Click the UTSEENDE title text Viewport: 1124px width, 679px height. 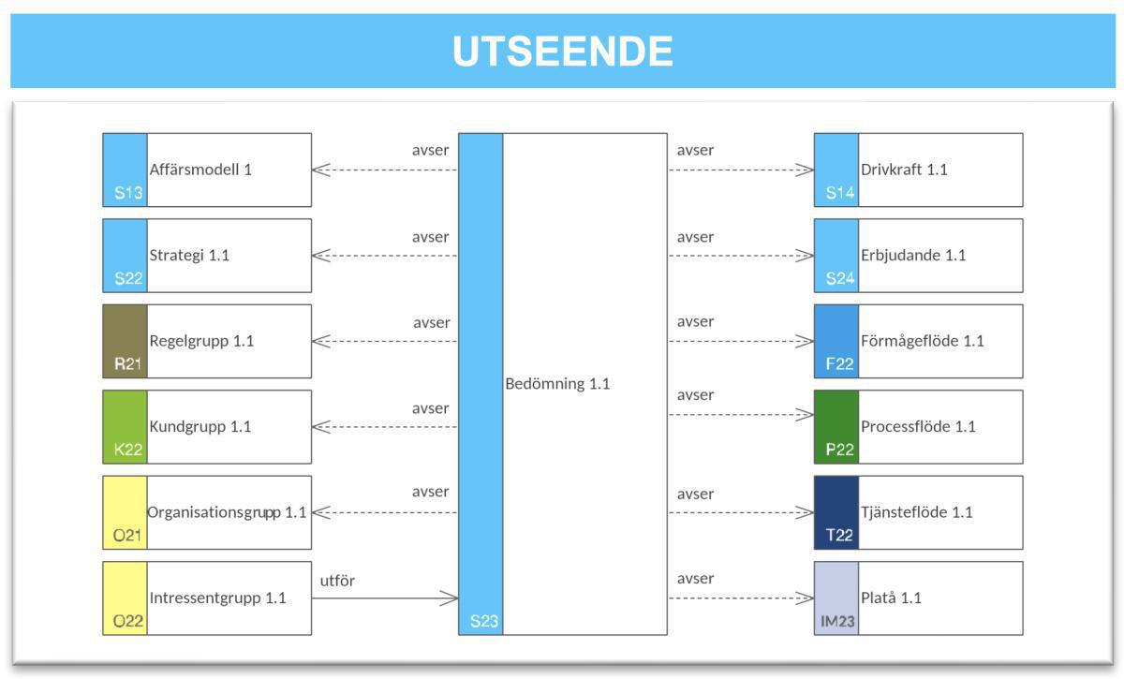(x=562, y=51)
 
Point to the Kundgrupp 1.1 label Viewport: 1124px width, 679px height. (x=200, y=426)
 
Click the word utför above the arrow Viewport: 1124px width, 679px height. (x=337, y=581)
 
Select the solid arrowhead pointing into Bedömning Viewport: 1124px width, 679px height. (x=450, y=598)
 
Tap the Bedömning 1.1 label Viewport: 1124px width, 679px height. (x=557, y=383)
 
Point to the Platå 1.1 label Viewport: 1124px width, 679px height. (x=891, y=598)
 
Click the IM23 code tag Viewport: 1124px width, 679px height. (x=836, y=621)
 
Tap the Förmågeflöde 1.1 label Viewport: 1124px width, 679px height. (x=922, y=341)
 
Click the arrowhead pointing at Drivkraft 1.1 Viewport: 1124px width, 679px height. (x=805, y=170)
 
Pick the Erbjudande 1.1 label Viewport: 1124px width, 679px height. (x=912, y=255)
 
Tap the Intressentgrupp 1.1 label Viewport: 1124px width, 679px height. (x=217, y=598)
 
